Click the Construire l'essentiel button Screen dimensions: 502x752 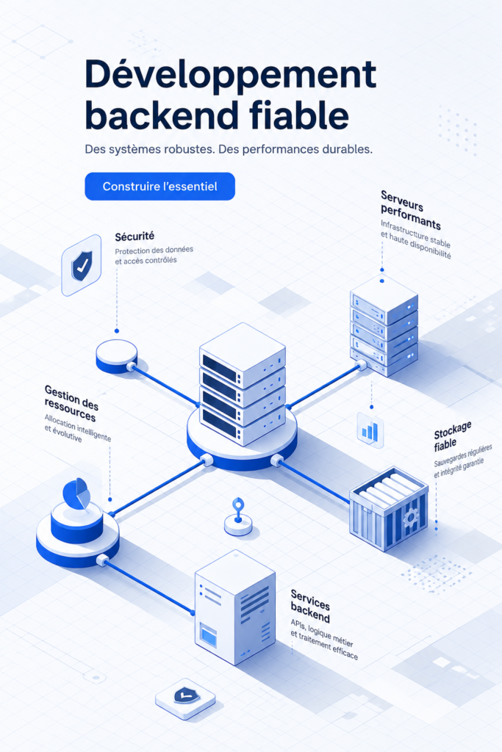click(x=159, y=186)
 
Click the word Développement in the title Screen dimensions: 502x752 click(x=230, y=75)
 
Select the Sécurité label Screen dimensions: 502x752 click(x=135, y=236)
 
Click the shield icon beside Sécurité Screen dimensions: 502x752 click(x=82, y=265)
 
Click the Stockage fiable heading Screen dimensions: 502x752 click(x=451, y=436)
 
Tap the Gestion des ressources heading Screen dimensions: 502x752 click(x=71, y=403)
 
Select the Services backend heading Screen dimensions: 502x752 click(x=311, y=606)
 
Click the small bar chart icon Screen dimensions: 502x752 click(x=370, y=430)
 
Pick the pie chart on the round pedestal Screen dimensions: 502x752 click(x=76, y=493)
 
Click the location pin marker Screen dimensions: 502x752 click(x=238, y=510)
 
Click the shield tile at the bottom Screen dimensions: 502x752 click(x=185, y=698)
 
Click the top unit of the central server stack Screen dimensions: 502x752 click(x=243, y=355)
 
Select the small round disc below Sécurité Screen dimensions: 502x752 click(x=117, y=356)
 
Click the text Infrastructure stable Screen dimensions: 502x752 click(x=415, y=232)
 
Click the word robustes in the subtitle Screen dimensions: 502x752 click(x=187, y=149)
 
